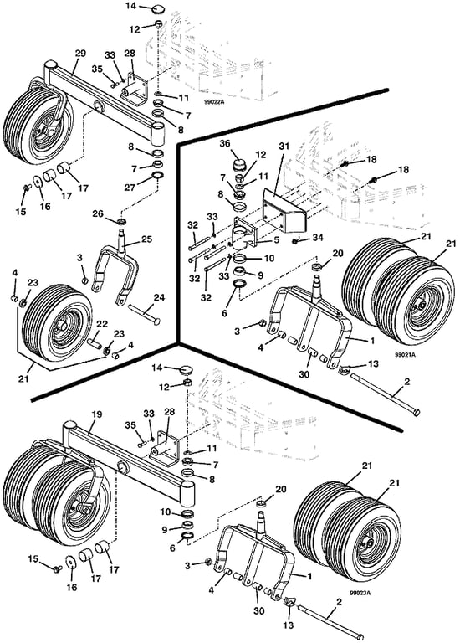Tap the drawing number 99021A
point(405,354)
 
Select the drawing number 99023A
point(360,592)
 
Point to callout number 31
point(284,147)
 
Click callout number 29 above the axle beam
point(80,54)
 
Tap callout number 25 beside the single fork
point(146,239)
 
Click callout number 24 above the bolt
point(160,297)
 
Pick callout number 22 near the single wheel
point(102,324)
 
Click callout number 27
point(130,187)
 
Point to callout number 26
point(98,213)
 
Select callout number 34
point(319,238)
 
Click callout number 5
point(277,240)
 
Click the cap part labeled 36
point(239,167)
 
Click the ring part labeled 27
point(157,177)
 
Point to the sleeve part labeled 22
point(94,342)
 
